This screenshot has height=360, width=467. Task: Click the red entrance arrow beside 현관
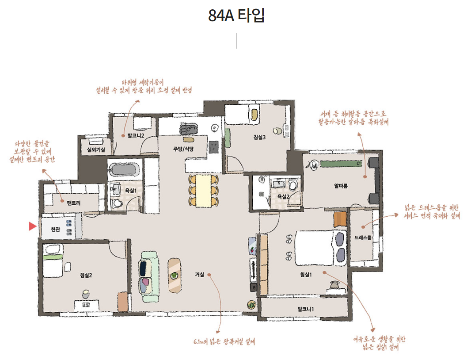click(x=32, y=226)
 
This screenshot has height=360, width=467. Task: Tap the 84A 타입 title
click(x=236, y=15)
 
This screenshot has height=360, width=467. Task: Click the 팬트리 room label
click(x=73, y=203)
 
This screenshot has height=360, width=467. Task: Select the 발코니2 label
click(x=136, y=136)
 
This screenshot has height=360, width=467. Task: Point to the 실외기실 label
click(x=95, y=149)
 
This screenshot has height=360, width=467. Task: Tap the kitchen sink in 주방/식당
click(x=189, y=128)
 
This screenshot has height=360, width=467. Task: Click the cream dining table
click(x=203, y=191)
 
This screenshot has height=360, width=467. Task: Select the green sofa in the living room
click(x=149, y=277)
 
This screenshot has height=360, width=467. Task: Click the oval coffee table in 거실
click(x=175, y=275)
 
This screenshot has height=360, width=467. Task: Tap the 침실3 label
click(x=259, y=137)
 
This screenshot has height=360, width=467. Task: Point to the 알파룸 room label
click(x=341, y=186)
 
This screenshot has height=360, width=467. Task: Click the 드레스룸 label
click(x=363, y=237)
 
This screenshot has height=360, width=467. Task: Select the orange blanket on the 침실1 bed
click(x=340, y=219)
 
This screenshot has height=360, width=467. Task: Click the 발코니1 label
click(x=306, y=309)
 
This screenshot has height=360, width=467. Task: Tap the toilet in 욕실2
click(x=293, y=185)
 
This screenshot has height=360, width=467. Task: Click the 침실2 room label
click(x=86, y=275)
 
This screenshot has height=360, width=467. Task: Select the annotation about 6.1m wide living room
click(x=224, y=341)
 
